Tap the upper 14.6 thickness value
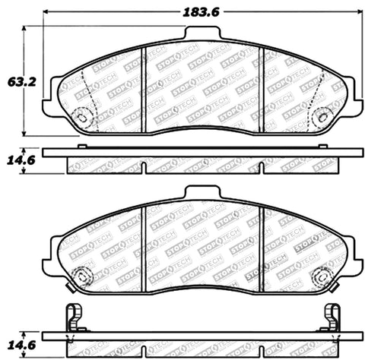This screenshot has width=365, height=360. click(x=11, y=160)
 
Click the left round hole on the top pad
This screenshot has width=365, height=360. click(x=83, y=116)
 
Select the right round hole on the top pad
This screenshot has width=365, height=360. click(x=323, y=116)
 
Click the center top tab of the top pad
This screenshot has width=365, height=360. click(x=203, y=34)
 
